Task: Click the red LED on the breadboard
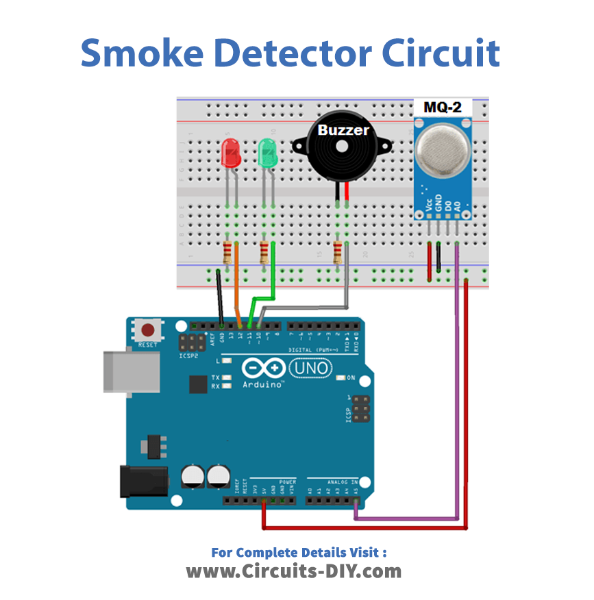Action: (232, 153)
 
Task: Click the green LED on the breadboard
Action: (267, 153)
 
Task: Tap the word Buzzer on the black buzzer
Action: (343, 130)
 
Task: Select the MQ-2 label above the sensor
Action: (443, 108)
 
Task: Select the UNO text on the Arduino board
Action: (311, 368)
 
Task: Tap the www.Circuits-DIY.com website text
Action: (294, 571)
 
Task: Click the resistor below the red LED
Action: (228, 253)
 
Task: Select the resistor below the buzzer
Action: (337, 253)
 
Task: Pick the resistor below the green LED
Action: (264, 253)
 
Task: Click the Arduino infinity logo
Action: (264, 368)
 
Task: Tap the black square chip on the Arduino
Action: (198, 384)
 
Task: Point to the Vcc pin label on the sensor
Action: (429, 203)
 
